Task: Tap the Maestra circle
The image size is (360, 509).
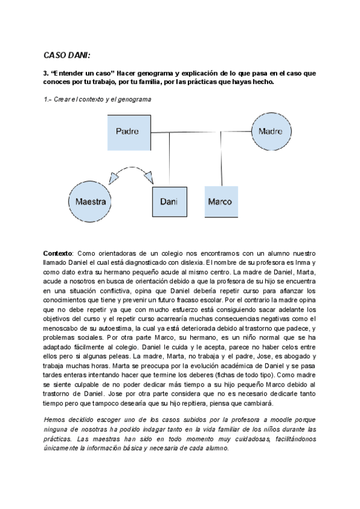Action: [91, 201]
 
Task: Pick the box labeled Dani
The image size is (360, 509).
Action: [168, 201]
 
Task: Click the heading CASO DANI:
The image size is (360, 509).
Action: [67, 55]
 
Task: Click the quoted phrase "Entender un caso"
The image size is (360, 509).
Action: [85, 73]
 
